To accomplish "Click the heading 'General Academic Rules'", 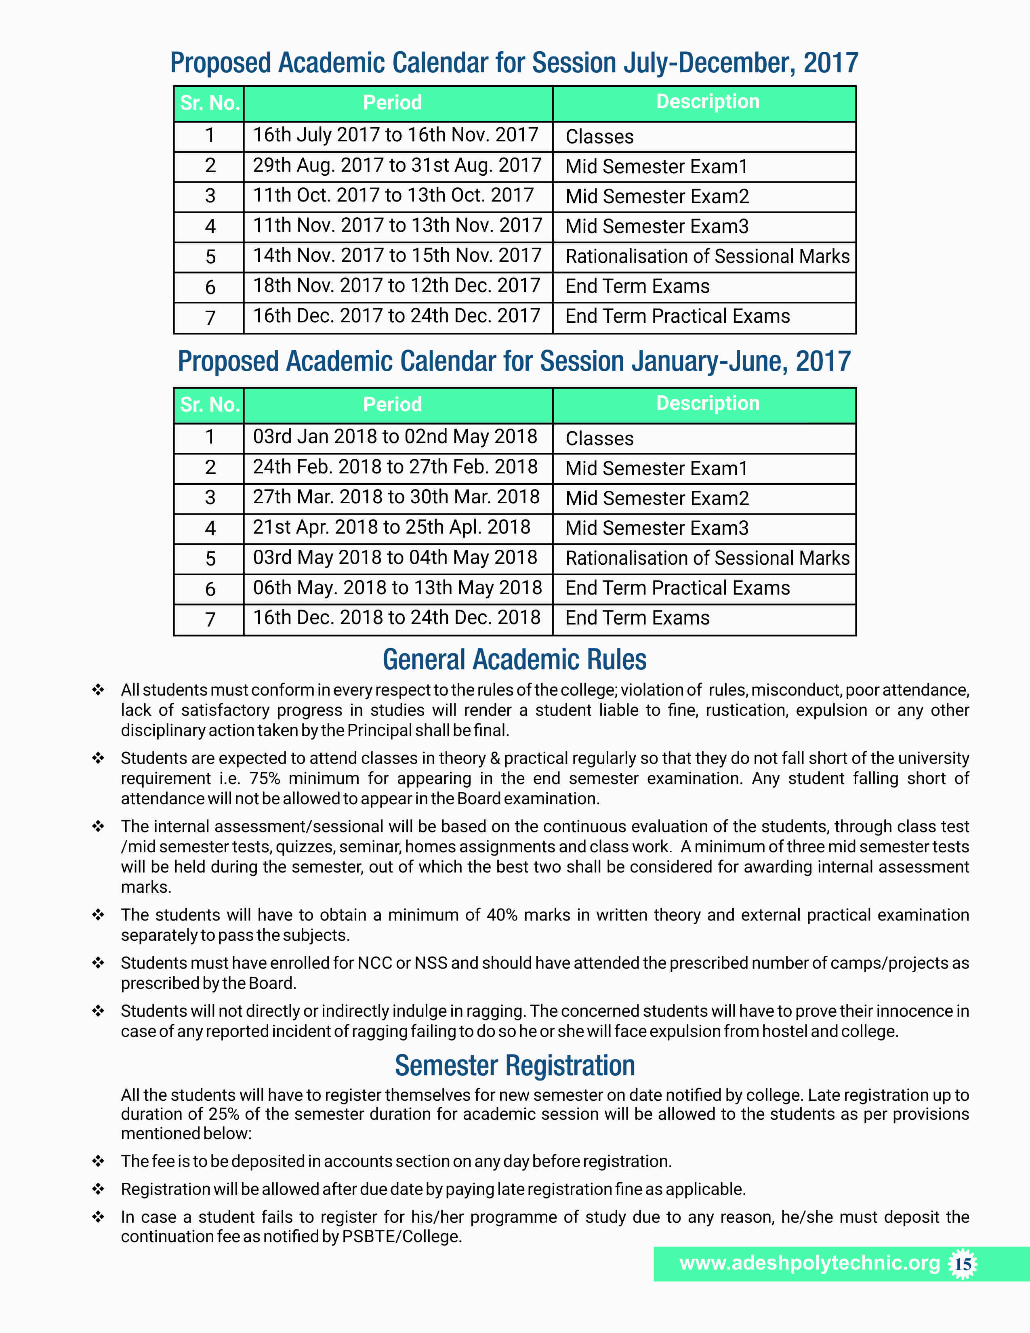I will point(514,660).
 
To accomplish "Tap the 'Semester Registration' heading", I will point(514,1066).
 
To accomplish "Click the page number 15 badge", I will point(963,1264).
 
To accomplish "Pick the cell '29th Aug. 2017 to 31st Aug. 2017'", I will point(397,165).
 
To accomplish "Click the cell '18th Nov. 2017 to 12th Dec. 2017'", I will point(397,286).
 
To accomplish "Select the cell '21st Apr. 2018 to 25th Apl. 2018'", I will point(392,527).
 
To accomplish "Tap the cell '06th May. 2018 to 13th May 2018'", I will point(397,588).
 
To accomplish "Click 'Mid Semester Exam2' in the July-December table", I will point(657,197).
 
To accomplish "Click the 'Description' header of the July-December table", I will point(708,102).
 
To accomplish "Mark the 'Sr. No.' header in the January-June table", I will point(209,405).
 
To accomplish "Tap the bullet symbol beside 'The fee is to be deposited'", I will point(98,1161).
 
